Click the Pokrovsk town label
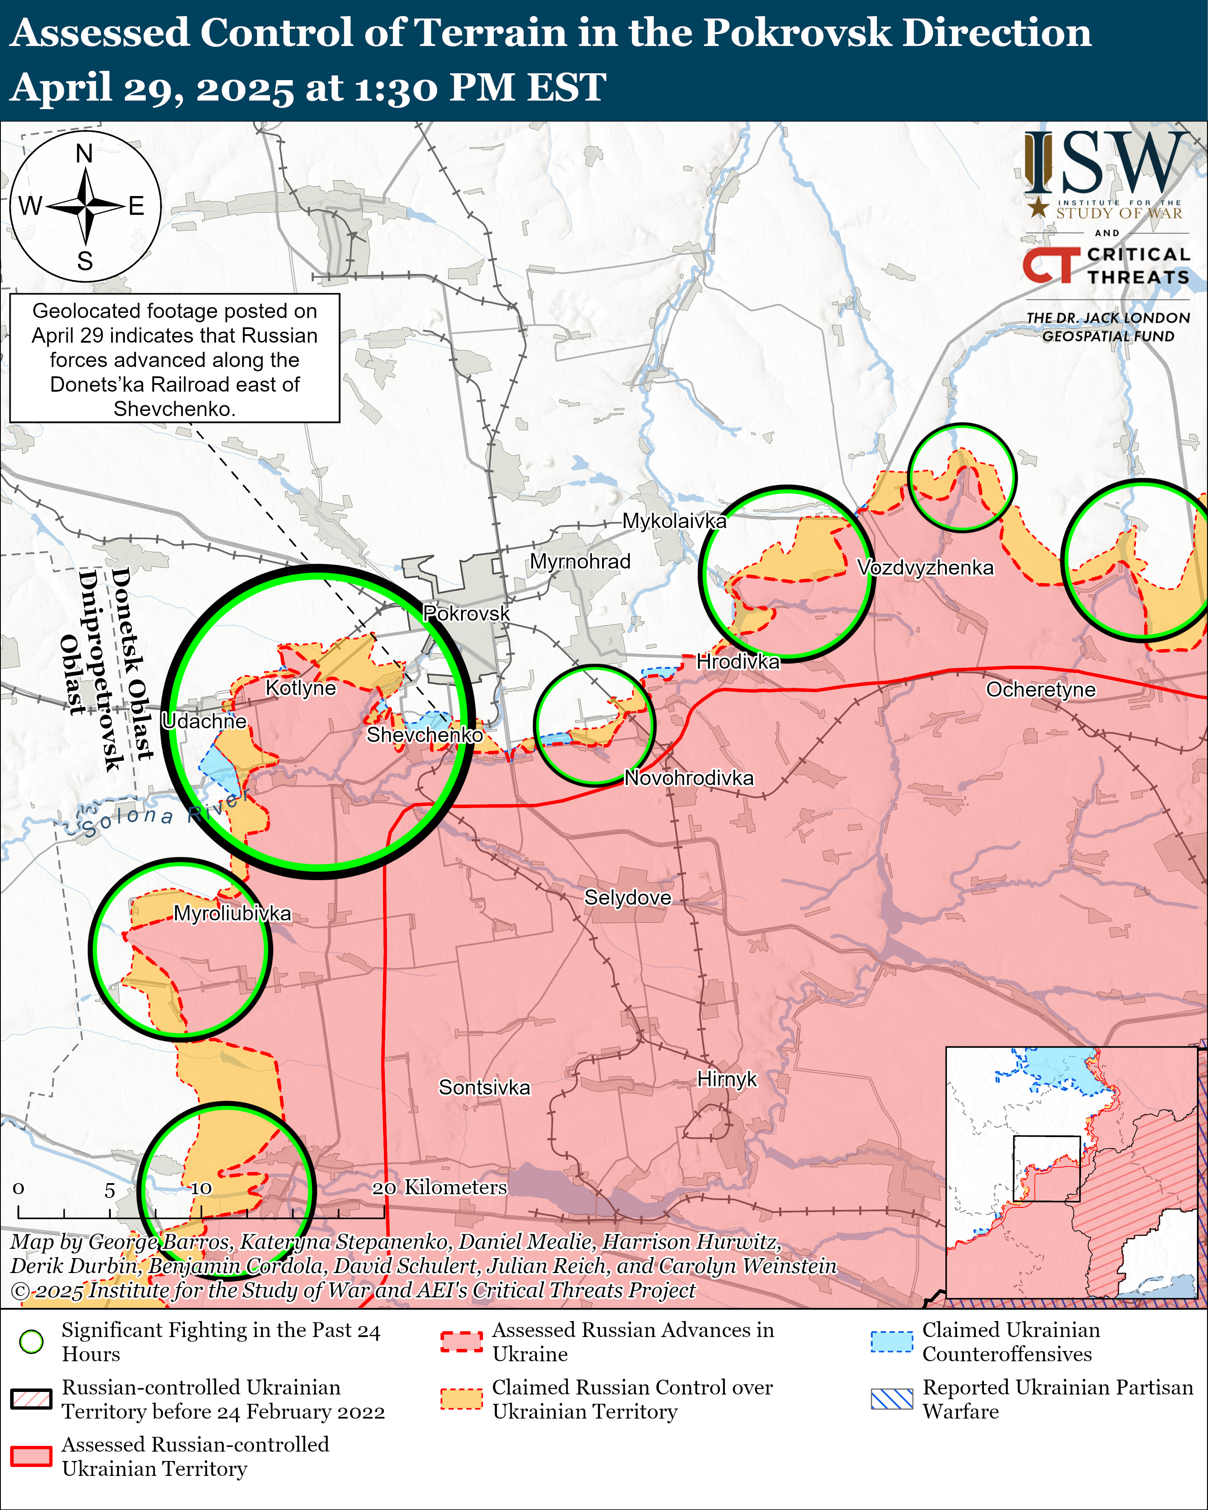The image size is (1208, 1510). point(467,614)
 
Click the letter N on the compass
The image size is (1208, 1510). point(85,153)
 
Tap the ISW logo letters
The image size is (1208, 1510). point(1107,165)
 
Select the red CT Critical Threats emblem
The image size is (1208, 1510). point(1050,265)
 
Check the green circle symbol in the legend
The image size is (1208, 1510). point(32,1341)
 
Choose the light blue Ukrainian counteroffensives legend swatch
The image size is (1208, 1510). point(891,1341)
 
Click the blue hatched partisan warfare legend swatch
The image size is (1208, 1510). point(891,1399)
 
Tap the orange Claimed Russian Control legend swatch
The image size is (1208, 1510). point(461,1399)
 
